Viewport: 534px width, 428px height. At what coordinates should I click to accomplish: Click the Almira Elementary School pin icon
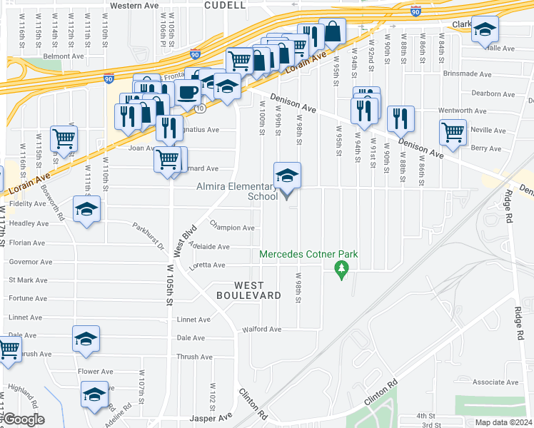click(287, 176)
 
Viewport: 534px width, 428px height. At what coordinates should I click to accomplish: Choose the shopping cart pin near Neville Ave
click(453, 132)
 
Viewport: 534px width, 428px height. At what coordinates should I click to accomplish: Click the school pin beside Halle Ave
click(485, 31)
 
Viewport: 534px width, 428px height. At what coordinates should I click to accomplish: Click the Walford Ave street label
click(262, 330)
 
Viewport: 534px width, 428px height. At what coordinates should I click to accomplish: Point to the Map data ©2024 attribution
click(503, 422)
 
